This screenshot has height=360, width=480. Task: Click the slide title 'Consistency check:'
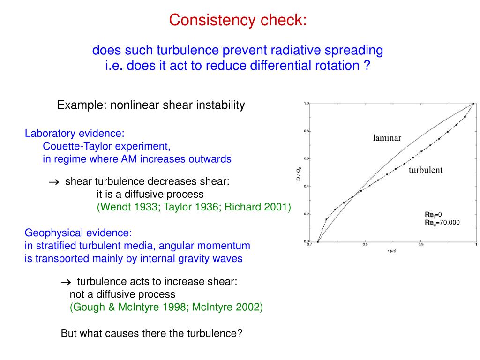coord(238,20)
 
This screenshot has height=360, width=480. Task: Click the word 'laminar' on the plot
coord(387,138)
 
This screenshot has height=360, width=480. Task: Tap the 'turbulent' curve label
coord(425,170)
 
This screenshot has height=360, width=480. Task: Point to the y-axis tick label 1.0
coord(306,103)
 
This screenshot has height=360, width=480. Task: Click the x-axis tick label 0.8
coord(365,245)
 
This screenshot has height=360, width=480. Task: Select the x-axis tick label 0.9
coord(420,245)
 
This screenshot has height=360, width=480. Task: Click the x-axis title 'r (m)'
coord(392,251)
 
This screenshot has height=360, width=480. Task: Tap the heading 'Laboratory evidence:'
coord(75,134)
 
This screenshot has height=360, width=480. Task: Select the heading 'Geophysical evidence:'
coord(78,233)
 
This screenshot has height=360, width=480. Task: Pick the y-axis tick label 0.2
coord(306,214)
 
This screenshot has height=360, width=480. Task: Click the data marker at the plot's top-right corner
coord(473,104)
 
